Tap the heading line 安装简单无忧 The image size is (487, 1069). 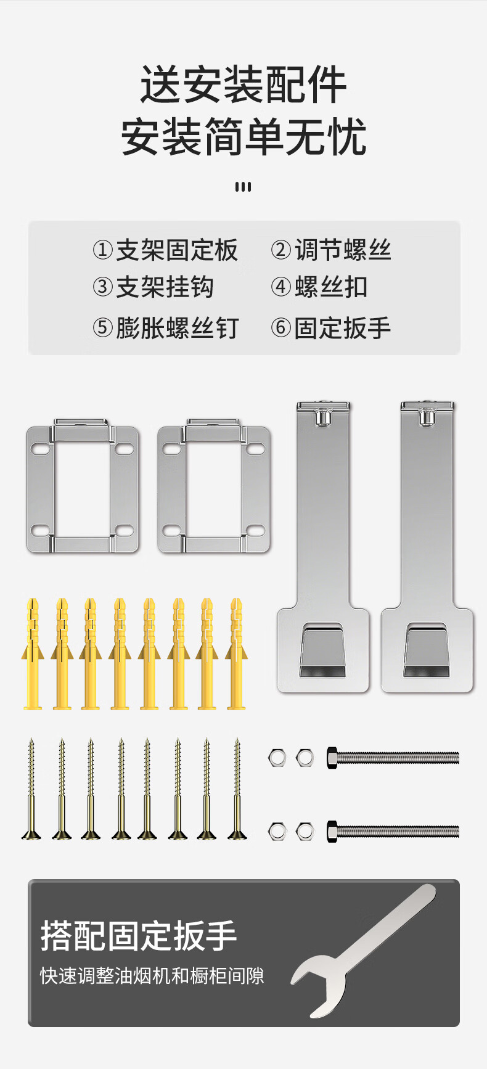243,136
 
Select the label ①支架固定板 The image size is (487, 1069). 165,250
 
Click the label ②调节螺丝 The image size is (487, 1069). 331,250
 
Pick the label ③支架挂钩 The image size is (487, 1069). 153,287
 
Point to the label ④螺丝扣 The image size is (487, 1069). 319,287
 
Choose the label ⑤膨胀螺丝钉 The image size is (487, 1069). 165,328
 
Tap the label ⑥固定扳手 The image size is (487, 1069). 331,328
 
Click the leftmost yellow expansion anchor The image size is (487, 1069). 33,653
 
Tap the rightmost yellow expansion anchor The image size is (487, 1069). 236,653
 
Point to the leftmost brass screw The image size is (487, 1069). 31,789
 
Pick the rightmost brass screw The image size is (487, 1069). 237,789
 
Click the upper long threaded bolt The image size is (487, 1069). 393,757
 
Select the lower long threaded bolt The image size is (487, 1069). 393,831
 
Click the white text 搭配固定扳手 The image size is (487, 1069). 139,936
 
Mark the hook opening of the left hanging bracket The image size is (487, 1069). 324,650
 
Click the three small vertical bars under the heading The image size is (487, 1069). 243,187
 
